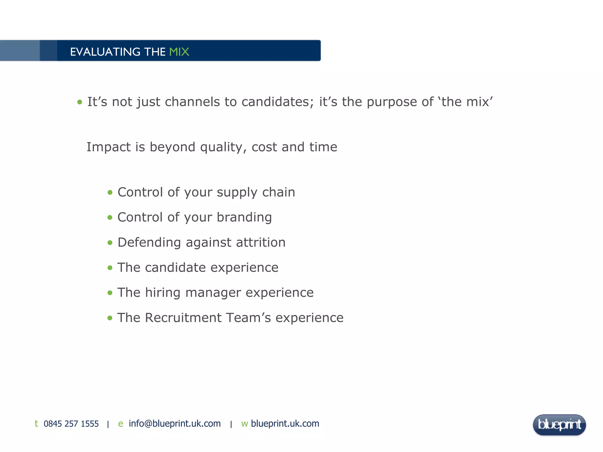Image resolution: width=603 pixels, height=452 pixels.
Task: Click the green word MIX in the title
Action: click(179, 52)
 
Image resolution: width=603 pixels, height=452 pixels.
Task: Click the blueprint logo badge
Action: click(559, 425)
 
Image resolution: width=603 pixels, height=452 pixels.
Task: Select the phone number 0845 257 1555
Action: click(71, 424)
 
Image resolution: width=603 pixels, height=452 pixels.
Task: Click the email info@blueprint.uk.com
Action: click(175, 423)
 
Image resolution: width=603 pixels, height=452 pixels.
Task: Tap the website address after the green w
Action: click(285, 423)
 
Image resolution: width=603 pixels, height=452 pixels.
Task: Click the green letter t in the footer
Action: click(36, 423)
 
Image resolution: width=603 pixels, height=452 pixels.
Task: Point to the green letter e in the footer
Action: click(120, 424)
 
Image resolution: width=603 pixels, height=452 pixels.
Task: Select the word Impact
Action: click(108, 147)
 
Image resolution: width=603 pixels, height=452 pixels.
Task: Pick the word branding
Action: click(244, 217)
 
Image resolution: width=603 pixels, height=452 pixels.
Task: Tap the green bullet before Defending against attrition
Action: click(110, 243)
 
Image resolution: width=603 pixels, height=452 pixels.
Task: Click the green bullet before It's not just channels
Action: click(80, 102)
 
